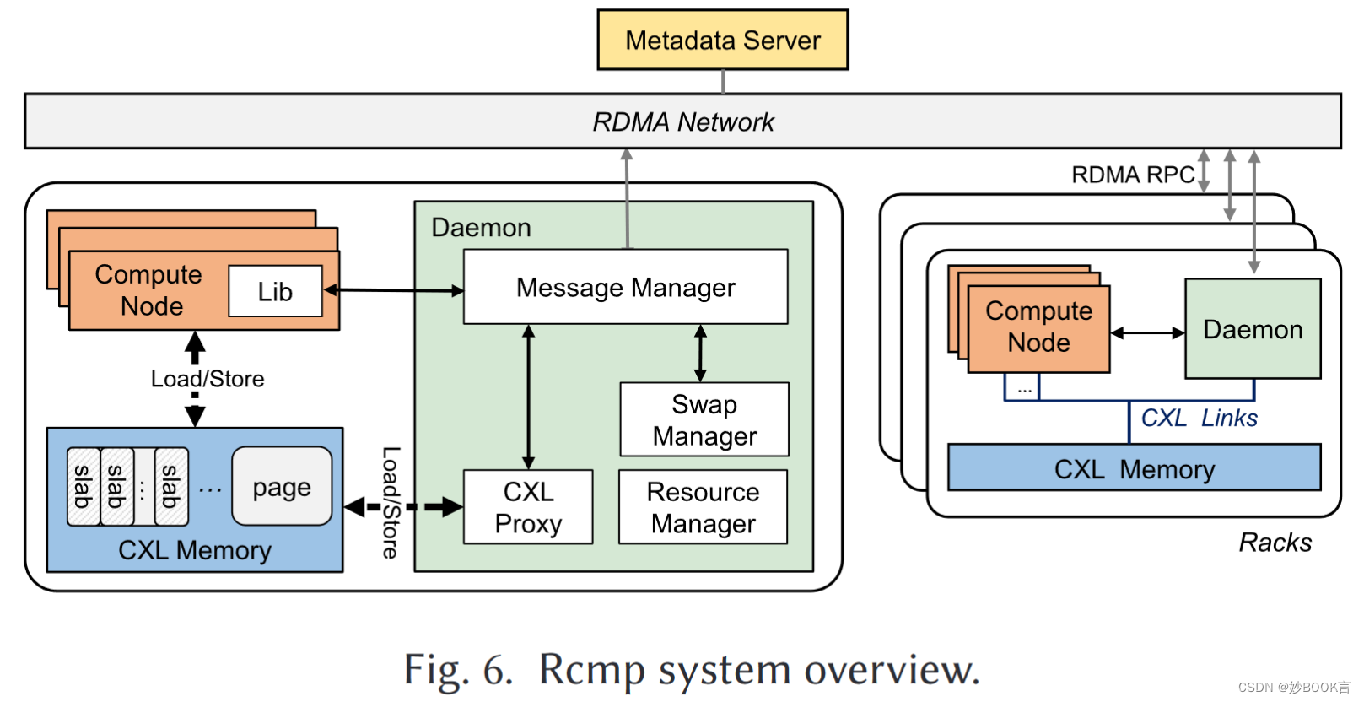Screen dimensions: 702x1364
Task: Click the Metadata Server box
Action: (722, 40)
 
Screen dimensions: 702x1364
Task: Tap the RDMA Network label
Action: (682, 122)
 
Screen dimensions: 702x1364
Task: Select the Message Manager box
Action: (625, 287)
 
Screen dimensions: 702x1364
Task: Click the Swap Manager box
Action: (704, 419)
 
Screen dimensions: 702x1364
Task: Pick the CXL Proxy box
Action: (528, 507)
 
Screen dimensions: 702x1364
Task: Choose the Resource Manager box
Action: (703, 507)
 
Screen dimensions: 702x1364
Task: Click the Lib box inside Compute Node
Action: (275, 291)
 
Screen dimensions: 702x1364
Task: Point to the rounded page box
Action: (282, 487)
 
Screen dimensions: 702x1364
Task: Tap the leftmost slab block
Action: (83, 487)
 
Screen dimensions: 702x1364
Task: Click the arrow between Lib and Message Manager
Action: (394, 290)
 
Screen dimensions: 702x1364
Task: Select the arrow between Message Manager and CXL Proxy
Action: (528, 397)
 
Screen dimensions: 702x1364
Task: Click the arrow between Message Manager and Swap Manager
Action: (700, 354)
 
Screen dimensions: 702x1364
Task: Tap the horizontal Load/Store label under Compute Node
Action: (208, 379)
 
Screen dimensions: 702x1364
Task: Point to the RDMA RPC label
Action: (1132, 175)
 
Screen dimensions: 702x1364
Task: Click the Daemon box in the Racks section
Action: (1253, 329)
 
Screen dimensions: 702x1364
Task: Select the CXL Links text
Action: (1199, 418)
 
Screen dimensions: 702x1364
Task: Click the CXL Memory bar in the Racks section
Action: (1134, 468)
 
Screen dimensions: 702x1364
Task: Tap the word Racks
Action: (1275, 543)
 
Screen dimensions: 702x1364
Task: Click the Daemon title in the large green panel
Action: (481, 228)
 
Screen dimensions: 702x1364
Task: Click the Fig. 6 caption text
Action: (691, 670)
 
